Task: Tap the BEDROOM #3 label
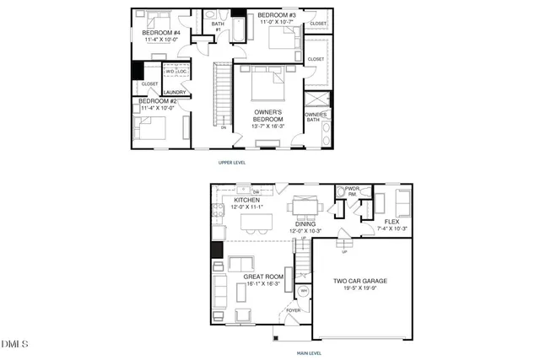tap(277, 15)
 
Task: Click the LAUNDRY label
tap(175, 93)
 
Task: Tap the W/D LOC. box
tap(175, 72)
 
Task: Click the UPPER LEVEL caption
tap(231, 162)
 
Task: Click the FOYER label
tap(293, 310)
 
